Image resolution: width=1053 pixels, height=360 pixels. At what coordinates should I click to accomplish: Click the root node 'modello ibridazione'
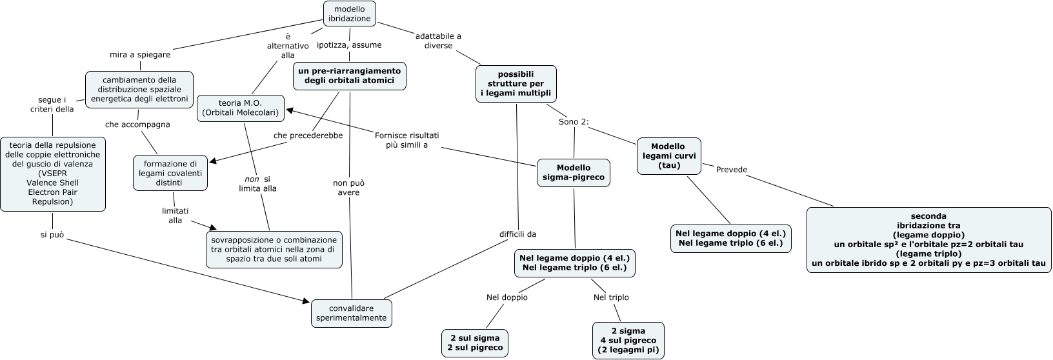[349, 14]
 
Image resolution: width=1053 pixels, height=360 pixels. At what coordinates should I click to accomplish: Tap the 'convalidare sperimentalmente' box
[352, 314]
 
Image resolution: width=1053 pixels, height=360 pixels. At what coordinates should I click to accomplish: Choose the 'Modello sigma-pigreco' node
[573, 173]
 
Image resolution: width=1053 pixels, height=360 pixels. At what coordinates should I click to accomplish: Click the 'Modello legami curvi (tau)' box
[668, 156]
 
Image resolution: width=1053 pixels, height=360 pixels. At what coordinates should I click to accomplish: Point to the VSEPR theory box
[52, 174]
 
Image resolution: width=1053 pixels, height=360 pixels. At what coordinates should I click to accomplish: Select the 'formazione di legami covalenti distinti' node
[170, 173]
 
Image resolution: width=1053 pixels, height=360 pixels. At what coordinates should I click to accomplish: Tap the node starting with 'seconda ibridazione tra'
[928, 239]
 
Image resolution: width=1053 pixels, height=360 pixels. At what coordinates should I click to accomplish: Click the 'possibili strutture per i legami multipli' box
[516, 84]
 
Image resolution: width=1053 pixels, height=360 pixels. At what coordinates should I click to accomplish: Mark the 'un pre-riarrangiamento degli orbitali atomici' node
[349, 75]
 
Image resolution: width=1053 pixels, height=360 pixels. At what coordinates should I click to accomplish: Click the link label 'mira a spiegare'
[140, 55]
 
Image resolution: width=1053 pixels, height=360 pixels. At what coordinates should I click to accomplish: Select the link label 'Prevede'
[732, 170]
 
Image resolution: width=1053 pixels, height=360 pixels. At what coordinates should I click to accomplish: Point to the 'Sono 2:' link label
[574, 122]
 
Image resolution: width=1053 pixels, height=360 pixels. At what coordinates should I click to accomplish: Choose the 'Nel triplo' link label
[610, 297]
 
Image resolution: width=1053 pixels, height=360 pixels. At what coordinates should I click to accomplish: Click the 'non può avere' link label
[349, 188]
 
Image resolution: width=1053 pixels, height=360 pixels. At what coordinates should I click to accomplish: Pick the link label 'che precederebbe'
[308, 135]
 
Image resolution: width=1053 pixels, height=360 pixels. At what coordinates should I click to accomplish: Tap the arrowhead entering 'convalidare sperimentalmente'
[306, 300]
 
